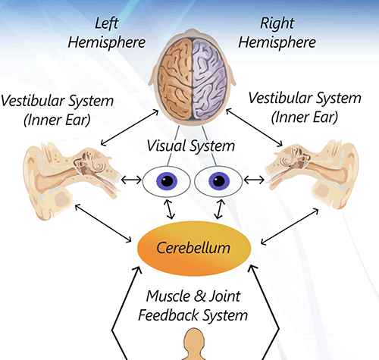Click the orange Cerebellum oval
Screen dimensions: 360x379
click(193, 247)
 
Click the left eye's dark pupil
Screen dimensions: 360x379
click(166, 181)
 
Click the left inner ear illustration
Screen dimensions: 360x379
click(64, 175)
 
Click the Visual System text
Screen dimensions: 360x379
click(191, 146)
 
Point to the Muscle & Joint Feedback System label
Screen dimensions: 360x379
click(193, 305)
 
